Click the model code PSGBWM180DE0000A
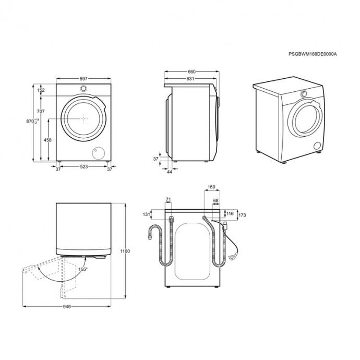(313, 54)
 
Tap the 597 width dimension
(83, 78)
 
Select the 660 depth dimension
(191, 71)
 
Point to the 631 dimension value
(190, 78)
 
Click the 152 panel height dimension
(41, 90)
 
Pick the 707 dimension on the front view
(41, 111)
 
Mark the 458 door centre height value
(47, 140)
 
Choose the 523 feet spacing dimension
(84, 166)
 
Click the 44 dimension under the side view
(170, 172)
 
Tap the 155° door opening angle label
(83, 269)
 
